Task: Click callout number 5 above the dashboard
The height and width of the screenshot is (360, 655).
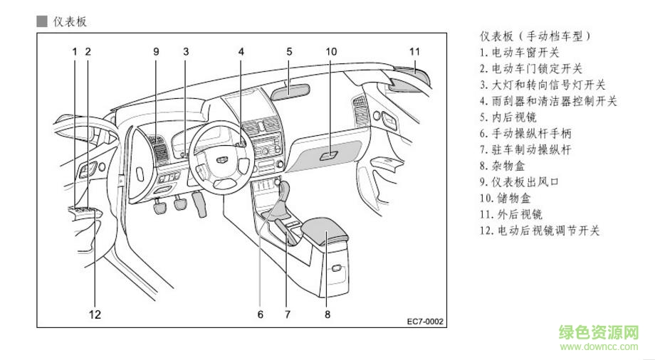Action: pyautogui.click(x=290, y=51)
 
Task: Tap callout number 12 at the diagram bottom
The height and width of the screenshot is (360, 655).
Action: pyautogui.click(x=95, y=313)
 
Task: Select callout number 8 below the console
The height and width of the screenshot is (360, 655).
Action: pyautogui.click(x=327, y=313)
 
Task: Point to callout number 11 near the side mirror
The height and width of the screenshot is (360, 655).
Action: pyautogui.click(x=415, y=51)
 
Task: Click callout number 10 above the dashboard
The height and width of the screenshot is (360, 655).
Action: pyautogui.click(x=331, y=51)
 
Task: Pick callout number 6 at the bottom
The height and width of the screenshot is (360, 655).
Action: pyautogui.click(x=261, y=313)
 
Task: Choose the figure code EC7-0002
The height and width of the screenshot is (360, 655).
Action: pyautogui.click(x=426, y=322)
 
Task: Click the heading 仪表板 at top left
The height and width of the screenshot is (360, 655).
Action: pyautogui.click(x=69, y=21)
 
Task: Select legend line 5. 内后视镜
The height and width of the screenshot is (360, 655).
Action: pyautogui.click(x=508, y=117)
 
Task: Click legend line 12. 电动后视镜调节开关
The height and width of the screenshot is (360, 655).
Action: pyautogui.click(x=539, y=231)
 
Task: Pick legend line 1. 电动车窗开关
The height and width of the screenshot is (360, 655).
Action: pyautogui.click(x=519, y=52)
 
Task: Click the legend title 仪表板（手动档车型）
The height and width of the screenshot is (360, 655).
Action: pyautogui.click(x=536, y=35)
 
